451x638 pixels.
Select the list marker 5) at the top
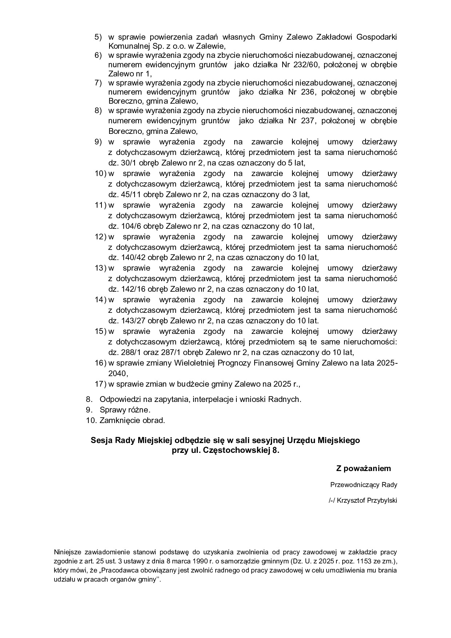pos(98,37)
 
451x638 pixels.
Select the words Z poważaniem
pos(363,468)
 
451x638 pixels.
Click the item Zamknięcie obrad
pos(132,420)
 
